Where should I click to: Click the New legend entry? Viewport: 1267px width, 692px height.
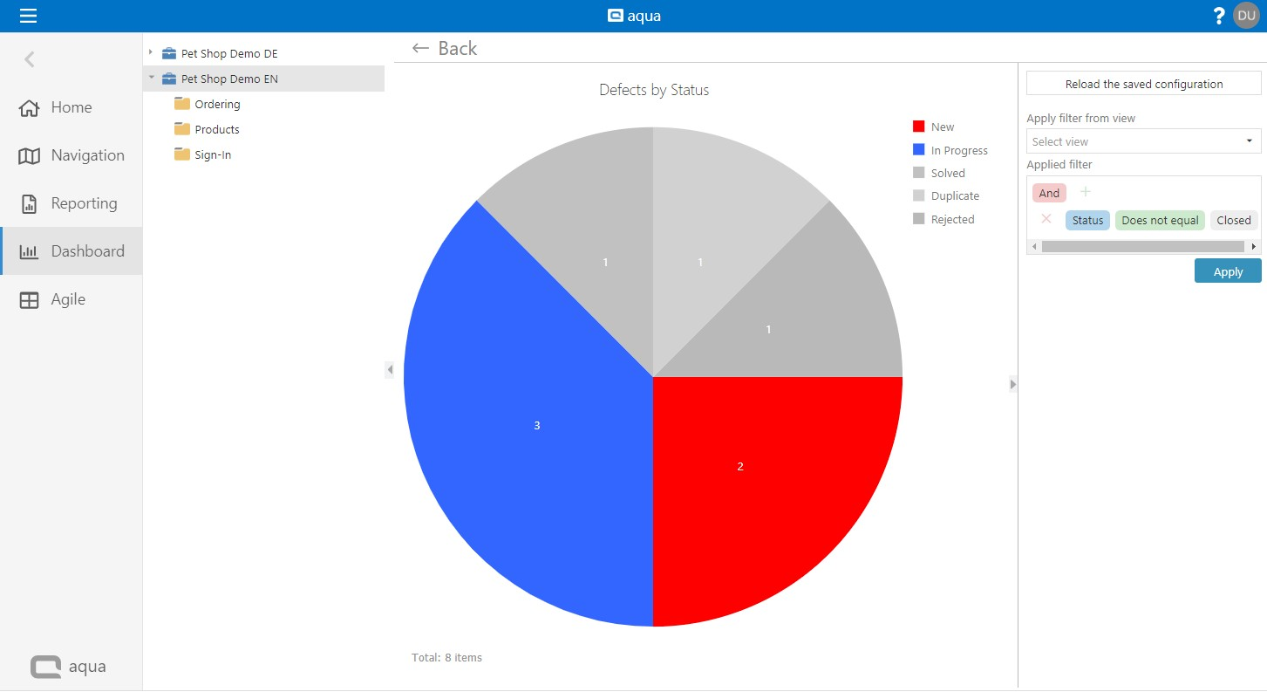(x=942, y=127)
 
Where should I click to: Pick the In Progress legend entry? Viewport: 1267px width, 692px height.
(x=958, y=151)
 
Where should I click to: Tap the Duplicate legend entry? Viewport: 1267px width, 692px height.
(x=954, y=196)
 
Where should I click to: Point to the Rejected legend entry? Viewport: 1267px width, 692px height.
(x=951, y=220)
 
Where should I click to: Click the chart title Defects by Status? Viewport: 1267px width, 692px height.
(x=654, y=90)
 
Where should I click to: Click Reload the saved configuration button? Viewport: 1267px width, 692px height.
(x=1143, y=84)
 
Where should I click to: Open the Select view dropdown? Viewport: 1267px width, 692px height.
(x=1143, y=141)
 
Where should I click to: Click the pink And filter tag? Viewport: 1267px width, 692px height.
(x=1049, y=194)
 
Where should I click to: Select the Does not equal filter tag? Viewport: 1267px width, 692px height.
(x=1160, y=221)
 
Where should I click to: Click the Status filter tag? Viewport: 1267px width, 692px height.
(x=1087, y=221)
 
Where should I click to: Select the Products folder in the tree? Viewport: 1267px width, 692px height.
(x=216, y=129)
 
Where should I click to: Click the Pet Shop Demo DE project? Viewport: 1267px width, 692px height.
(x=228, y=54)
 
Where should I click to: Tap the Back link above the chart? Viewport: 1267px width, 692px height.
(x=446, y=49)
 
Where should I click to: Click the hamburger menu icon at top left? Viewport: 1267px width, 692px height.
(x=28, y=16)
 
